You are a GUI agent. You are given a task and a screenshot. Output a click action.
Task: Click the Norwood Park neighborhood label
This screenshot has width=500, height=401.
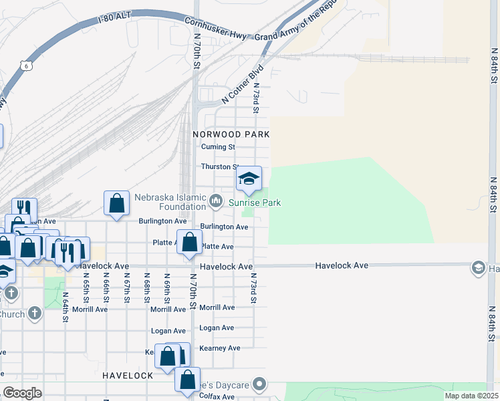(231, 134)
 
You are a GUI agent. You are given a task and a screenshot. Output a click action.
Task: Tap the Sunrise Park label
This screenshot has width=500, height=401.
(255, 203)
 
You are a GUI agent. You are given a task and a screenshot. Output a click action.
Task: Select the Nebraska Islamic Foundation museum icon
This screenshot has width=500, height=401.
(216, 200)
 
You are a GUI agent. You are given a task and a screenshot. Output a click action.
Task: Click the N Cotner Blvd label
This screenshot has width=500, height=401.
(243, 84)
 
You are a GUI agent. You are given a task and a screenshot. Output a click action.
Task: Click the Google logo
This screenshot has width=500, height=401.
(22, 393)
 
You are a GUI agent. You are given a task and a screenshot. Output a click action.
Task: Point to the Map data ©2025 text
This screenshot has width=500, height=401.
(471, 396)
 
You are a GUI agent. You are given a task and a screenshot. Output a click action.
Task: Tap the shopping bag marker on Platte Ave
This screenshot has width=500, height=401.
(189, 243)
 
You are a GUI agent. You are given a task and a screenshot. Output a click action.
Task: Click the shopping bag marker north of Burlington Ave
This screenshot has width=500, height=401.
(116, 203)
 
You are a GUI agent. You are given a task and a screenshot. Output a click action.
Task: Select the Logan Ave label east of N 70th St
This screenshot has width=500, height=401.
(217, 328)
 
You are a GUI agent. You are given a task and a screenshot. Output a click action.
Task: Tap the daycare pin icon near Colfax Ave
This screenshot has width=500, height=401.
(261, 385)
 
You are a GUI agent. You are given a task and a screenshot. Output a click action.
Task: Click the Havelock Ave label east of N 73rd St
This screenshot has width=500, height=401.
(342, 266)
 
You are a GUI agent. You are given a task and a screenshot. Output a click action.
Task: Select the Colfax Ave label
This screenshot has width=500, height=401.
(219, 397)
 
